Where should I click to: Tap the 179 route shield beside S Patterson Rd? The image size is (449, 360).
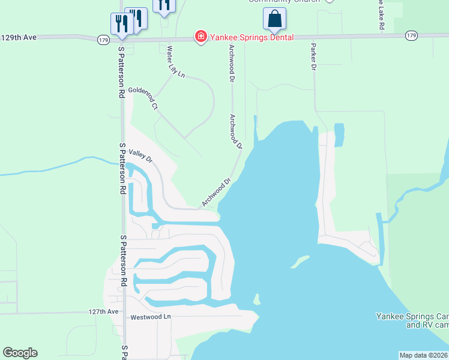[x=103, y=40]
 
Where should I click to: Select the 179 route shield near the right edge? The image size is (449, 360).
[x=411, y=36]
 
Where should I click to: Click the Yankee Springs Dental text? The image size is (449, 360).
[x=251, y=37]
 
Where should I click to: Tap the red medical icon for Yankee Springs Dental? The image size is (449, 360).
[x=200, y=37]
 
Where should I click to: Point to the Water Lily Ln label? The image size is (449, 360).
[x=175, y=62]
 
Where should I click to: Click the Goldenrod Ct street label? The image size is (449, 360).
[x=142, y=98]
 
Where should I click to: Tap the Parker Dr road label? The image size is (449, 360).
[x=313, y=57]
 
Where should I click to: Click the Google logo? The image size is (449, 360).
[x=20, y=353]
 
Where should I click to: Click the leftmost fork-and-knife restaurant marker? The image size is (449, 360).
[x=122, y=23]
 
